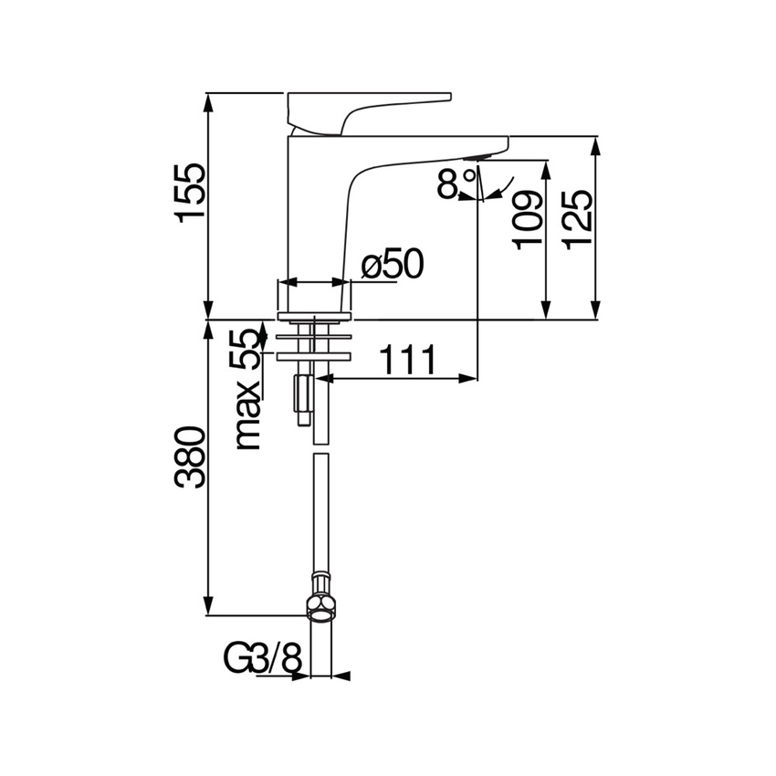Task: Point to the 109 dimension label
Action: (527, 220)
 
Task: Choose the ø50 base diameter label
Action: (392, 265)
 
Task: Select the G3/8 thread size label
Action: (263, 657)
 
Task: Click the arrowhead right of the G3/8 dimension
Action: (341, 676)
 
